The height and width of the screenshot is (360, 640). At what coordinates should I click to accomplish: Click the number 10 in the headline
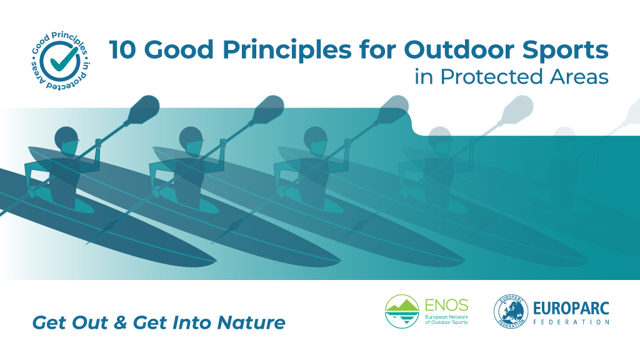122,50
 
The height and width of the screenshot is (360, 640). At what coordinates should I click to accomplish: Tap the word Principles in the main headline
287,51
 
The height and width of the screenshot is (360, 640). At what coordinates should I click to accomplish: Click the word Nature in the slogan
251,322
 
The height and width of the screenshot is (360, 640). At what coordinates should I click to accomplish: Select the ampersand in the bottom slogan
120,322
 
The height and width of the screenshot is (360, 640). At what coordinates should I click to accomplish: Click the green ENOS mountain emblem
402,311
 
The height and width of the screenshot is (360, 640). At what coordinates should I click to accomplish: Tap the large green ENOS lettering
446,305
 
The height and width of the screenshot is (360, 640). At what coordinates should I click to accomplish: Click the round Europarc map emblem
511,311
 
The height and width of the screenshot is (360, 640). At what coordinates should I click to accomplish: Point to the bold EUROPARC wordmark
571,308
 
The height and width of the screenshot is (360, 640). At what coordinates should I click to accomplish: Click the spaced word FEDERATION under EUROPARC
571,322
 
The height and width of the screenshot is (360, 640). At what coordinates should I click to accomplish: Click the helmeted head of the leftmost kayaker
66,141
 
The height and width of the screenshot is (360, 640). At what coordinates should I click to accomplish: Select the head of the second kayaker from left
191,141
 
